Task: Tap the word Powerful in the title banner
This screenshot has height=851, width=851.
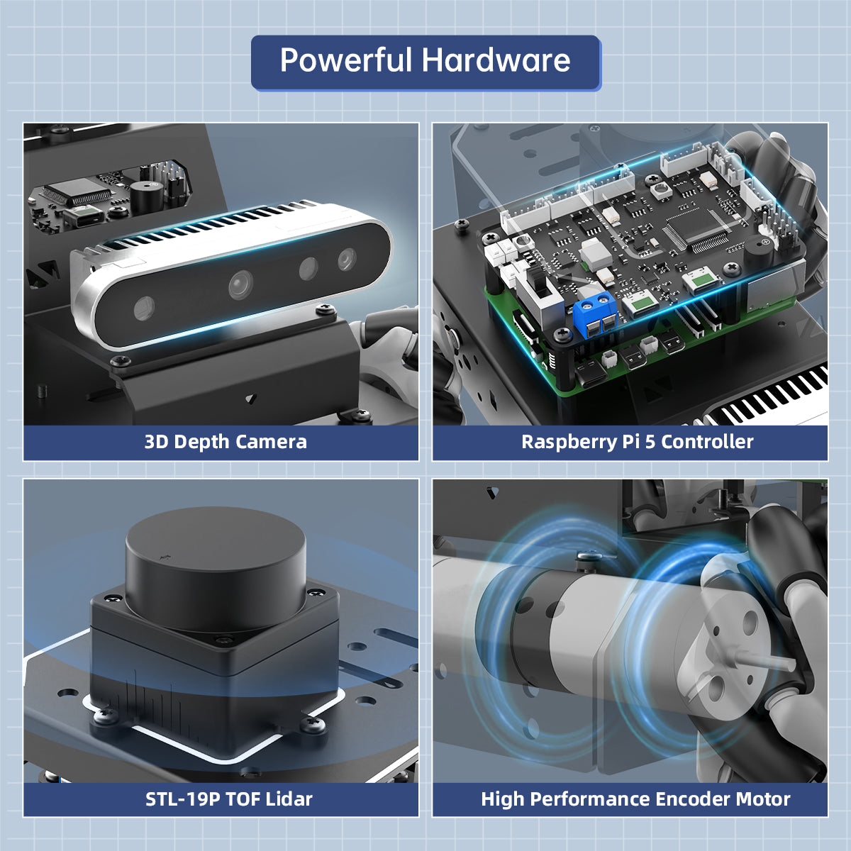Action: click(345, 60)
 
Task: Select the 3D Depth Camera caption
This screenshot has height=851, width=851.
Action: click(226, 442)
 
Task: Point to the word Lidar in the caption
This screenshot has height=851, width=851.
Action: click(289, 799)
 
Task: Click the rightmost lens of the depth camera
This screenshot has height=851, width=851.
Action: click(347, 260)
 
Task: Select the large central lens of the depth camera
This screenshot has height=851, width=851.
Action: click(240, 284)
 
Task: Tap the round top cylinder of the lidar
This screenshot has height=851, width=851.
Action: click(216, 567)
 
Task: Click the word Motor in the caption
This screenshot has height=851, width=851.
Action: click(762, 799)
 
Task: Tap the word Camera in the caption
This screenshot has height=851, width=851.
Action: click(272, 442)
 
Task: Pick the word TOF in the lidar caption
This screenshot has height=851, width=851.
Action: click(243, 799)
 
